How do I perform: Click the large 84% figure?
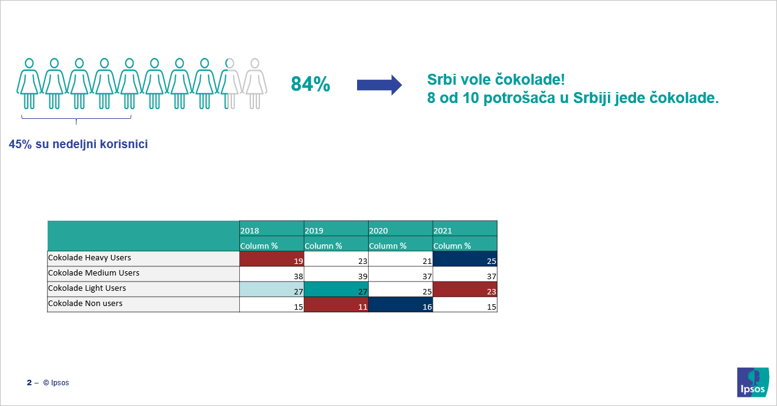311,84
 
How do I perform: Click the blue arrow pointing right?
379,85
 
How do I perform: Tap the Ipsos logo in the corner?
753,382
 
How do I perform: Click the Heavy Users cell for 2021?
465,258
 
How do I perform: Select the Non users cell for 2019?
336,305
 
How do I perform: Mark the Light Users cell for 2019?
336,289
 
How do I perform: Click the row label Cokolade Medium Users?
93,273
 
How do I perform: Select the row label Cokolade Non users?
85,304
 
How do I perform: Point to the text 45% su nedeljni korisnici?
78,144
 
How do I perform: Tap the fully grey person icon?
255,84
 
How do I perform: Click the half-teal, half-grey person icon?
229,84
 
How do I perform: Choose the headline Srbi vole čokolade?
496,80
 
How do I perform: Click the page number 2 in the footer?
29,382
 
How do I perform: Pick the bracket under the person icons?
76,119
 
